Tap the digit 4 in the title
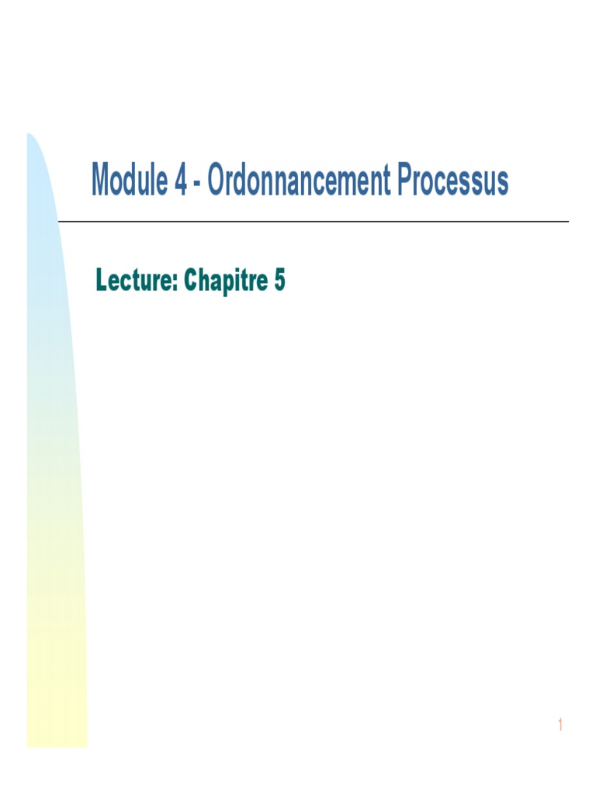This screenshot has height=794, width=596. (x=180, y=181)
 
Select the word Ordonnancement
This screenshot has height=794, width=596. (x=299, y=181)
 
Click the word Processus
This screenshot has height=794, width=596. (x=453, y=181)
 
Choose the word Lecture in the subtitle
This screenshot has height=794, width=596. (x=135, y=281)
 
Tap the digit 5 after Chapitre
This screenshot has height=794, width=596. (x=279, y=281)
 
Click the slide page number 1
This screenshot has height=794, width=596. (x=559, y=726)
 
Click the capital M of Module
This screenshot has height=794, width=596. (x=102, y=181)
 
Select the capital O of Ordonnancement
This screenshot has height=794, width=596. (x=217, y=181)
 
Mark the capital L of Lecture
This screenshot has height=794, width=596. (x=102, y=281)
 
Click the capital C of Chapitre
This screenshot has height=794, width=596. (x=191, y=281)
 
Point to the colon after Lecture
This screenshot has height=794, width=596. (x=175, y=284)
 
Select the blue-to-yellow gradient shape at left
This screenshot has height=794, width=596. (x=54, y=465)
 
